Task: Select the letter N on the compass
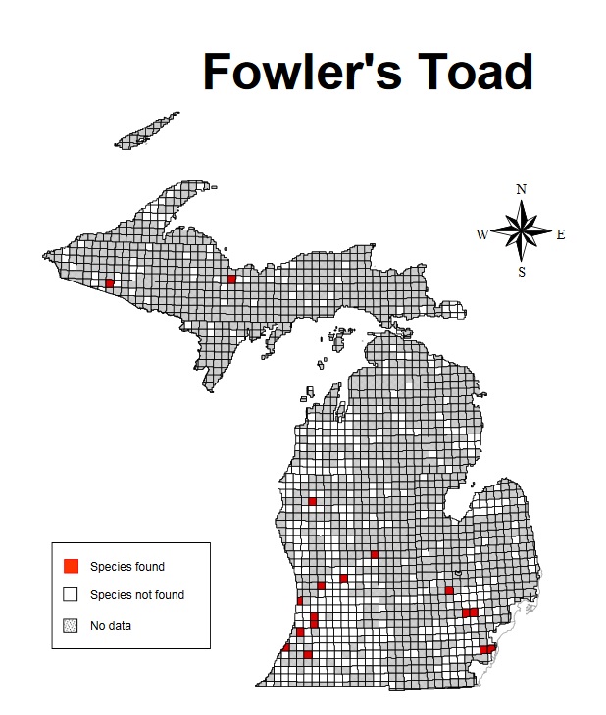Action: tap(522, 189)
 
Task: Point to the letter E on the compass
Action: tap(561, 234)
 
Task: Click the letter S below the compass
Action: tap(522, 272)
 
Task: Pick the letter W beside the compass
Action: tap(482, 234)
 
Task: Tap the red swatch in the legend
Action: tap(71, 566)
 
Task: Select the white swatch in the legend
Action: tap(71, 594)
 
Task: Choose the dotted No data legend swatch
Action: tap(71, 624)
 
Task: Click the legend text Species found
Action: tap(127, 566)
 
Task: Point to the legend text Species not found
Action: tap(137, 594)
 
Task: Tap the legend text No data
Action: tap(111, 624)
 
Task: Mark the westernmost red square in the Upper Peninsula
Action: tap(109, 282)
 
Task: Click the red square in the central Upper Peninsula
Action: tap(231, 280)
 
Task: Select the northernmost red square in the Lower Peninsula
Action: tap(312, 502)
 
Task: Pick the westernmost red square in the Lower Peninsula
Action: tap(286, 647)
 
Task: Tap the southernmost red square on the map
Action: tap(308, 654)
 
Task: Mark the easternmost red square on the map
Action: tap(490, 648)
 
